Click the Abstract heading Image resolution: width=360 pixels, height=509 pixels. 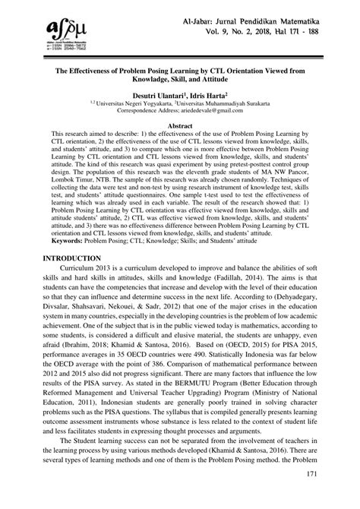[x=180, y=123]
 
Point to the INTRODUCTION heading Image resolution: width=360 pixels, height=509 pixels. [x=65, y=259]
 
